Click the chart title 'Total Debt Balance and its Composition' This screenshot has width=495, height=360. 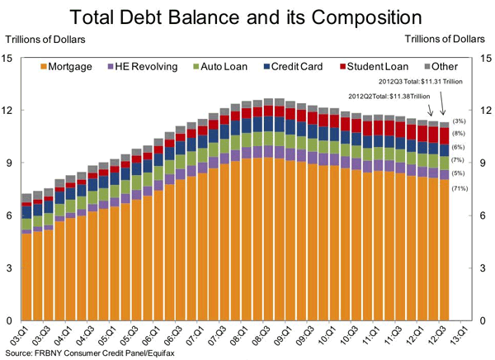pyautogui.click(x=247, y=17)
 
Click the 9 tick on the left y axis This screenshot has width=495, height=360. pyautogui.click(x=7, y=163)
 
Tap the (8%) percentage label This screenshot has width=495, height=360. pyautogui.click(x=459, y=134)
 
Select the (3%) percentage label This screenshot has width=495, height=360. pyautogui.click(x=459, y=122)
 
